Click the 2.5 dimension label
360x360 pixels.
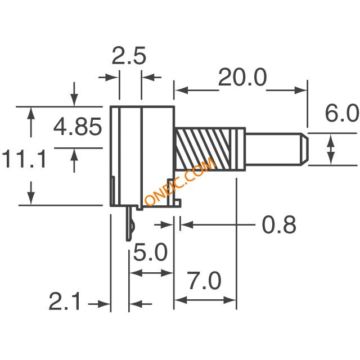[129, 56]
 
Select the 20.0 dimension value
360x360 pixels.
[242, 77]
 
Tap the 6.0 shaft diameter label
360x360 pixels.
[342, 113]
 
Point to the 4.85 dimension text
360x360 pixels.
[78, 126]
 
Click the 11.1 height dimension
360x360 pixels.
[24, 159]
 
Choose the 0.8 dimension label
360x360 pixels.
[279, 225]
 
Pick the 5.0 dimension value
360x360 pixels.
[150, 252]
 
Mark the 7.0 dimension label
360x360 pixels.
[205, 281]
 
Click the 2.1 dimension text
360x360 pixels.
[65, 301]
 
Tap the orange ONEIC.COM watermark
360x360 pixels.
[180, 181]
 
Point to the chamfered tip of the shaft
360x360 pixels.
[304, 149]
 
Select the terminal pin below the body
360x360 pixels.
[130, 223]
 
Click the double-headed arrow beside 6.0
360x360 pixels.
[331, 149]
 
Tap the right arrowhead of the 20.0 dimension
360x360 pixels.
[300, 90]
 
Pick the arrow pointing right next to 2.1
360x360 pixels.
[99, 304]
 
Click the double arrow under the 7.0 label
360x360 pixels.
[205, 300]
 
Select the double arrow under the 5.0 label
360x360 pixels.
[151, 273]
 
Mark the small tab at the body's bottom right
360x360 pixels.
[177, 203]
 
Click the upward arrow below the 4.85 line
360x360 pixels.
[74, 160]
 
